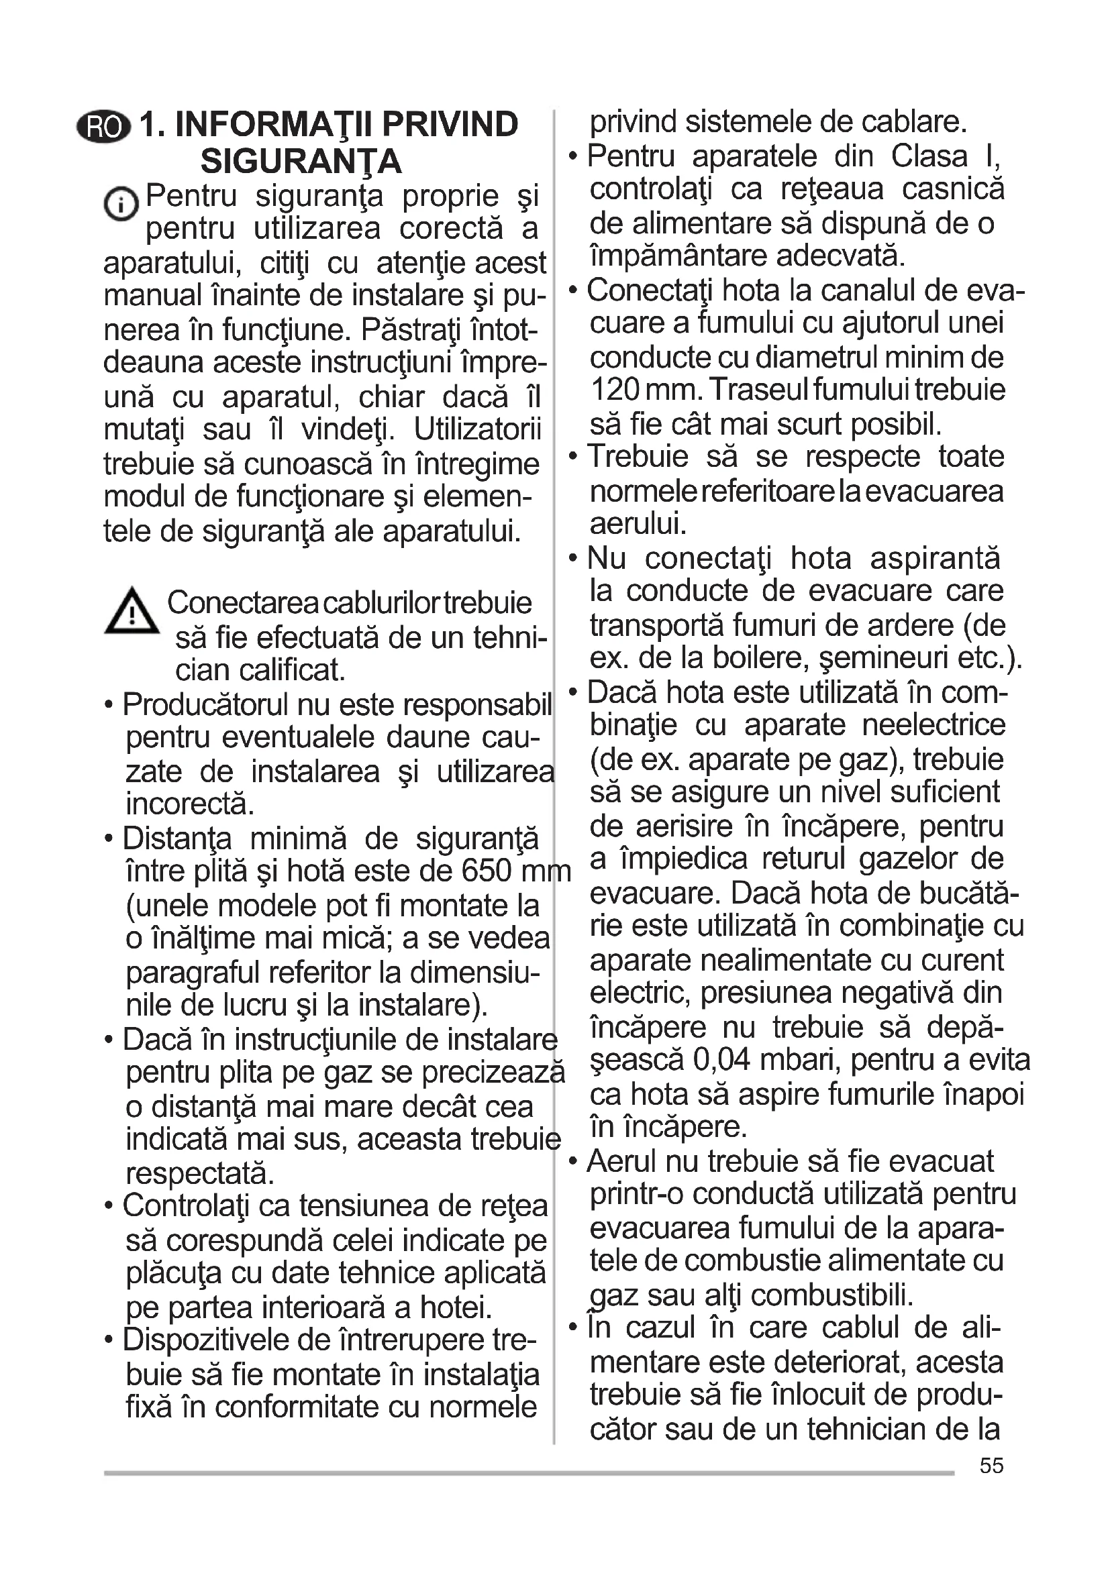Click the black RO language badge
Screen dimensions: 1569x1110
point(103,126)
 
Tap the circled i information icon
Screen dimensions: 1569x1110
point(121,203)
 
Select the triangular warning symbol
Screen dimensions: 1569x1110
point(132,611)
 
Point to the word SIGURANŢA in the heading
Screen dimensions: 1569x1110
point(301,161)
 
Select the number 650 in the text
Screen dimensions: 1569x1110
point(487,871)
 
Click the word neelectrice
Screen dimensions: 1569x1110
point(934,725)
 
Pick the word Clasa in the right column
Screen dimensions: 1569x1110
point(929,156)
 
